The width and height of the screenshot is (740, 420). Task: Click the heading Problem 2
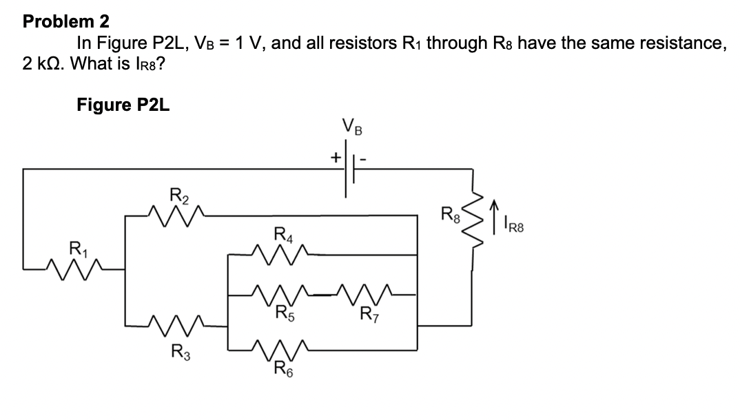tap(66, 21)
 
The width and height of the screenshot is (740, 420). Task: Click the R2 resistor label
tap(178, 194)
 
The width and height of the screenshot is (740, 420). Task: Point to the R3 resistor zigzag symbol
tap(176, 322)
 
